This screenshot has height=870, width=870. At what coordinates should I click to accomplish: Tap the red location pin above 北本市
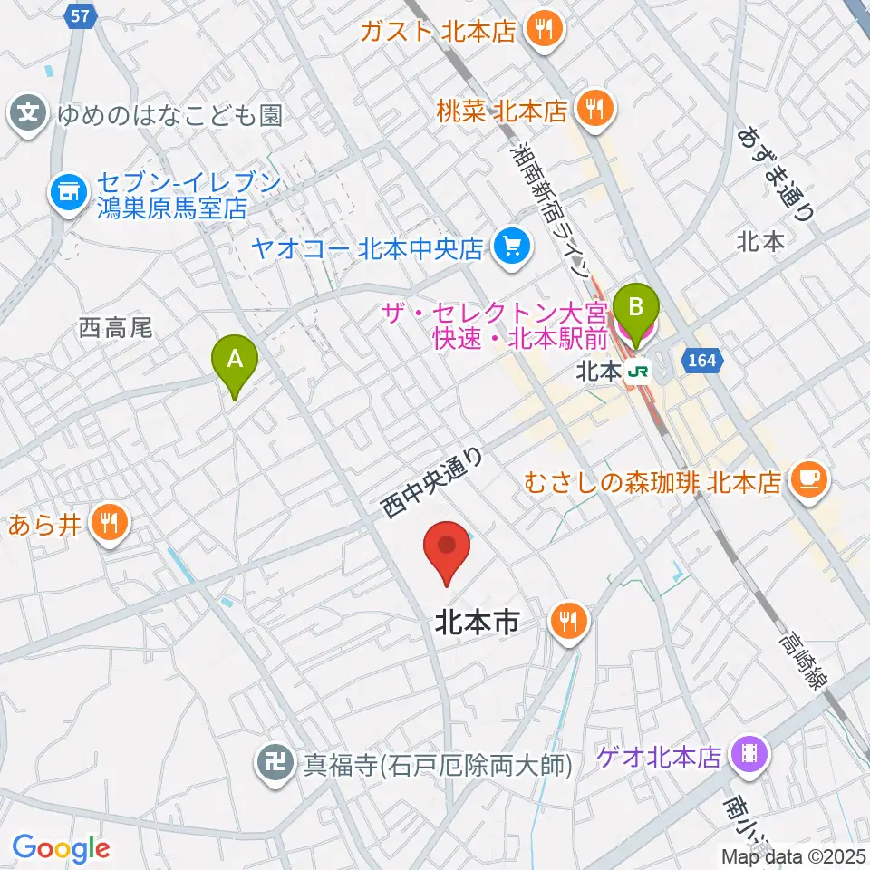pos(448,550)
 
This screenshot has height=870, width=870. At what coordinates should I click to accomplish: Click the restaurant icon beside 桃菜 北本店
pos(595,111)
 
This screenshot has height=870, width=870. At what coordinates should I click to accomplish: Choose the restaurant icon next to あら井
pos(109,523)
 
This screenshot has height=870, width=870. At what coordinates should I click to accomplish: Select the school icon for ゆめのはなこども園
pos(29,114)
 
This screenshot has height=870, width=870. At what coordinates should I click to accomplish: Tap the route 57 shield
pos(80,15)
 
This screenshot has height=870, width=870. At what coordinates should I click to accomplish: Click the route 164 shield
pos(707,360)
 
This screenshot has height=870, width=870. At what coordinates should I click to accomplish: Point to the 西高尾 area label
pos(115,327)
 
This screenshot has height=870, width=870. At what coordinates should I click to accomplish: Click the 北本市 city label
pos(477,623)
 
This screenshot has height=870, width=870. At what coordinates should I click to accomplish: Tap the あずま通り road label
pos(776,173)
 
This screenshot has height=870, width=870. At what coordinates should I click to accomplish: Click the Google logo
pos(61,848)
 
